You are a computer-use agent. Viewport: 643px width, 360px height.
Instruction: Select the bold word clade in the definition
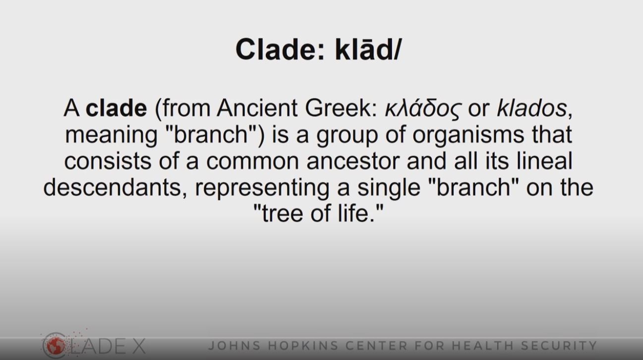(117, 108)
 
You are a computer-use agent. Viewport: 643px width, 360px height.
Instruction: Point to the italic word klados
(531, 108)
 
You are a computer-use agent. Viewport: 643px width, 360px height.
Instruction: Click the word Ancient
(257, 108)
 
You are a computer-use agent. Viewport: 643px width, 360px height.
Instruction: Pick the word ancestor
(353, 161)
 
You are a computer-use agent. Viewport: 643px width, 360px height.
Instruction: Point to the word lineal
(544, 161)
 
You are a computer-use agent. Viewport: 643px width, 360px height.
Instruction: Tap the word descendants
(115, 187)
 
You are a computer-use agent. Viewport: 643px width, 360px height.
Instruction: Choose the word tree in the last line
(283, 214)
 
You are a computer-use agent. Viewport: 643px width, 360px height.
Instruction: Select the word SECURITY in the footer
(559, 346)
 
